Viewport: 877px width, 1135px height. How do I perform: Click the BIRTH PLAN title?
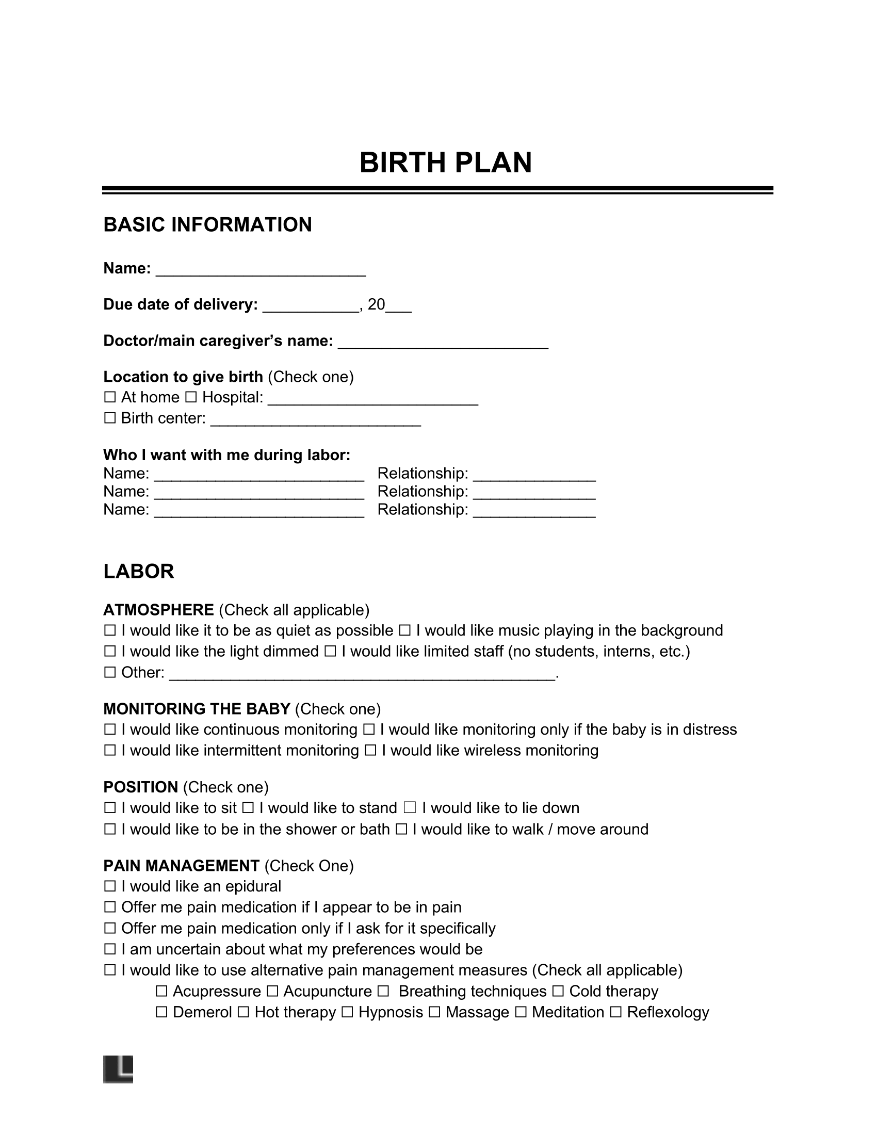click(445, 163)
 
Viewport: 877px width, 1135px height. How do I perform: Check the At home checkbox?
click(109, 398)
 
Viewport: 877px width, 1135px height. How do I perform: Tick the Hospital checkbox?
click(191, 398)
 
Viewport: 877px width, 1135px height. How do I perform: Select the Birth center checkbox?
click(109, 418)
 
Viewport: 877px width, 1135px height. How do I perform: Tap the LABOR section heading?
click(138, 571)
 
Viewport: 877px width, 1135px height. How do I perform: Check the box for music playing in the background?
click(405, 631)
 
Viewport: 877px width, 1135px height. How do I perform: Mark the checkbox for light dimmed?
click(109, 652)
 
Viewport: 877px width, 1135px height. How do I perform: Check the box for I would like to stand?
click(248, 808)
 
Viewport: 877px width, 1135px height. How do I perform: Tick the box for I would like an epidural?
click(109, 886)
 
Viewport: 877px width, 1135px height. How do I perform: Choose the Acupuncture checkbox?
click(272, 992)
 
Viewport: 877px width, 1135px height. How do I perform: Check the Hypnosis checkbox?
click(348, 1012)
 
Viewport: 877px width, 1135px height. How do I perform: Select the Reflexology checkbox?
click(615, 1012)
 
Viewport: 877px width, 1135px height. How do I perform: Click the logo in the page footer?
click(118, 1069)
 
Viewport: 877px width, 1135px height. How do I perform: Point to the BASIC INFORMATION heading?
click(207, 225)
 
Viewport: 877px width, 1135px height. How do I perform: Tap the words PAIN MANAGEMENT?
click(181, 866)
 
